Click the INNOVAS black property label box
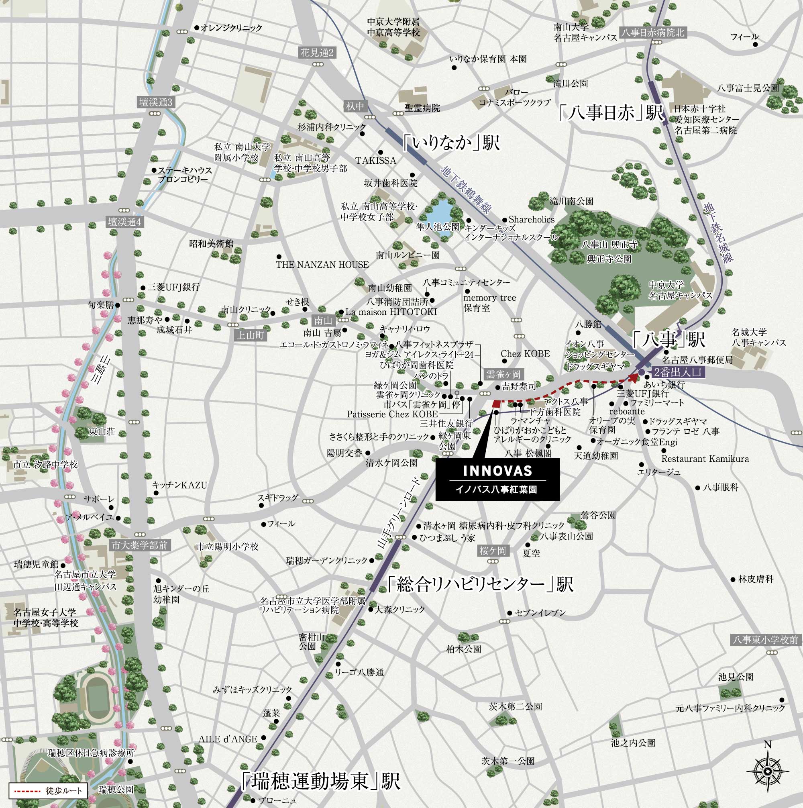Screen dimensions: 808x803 (497, 479)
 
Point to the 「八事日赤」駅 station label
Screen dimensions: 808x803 (612, 113)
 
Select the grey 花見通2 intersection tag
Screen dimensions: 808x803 (317, 53)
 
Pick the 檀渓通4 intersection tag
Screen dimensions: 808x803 (124, 222)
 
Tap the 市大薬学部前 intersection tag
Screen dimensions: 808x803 (139, 545)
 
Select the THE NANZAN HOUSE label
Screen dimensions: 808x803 (322, 265)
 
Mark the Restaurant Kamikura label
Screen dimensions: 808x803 (705, 459)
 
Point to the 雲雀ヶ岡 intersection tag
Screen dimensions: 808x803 (503, 374)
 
